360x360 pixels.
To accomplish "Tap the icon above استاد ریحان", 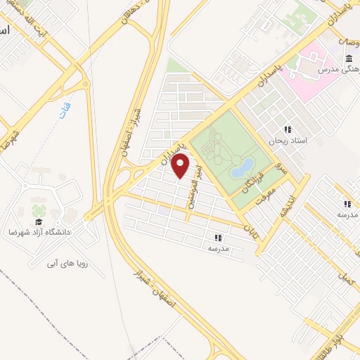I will (287, 129).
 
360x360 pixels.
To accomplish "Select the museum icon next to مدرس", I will (349, 59).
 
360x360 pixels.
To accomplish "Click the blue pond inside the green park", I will (241, 167).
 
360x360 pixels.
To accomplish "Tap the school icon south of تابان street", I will (217, 238).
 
